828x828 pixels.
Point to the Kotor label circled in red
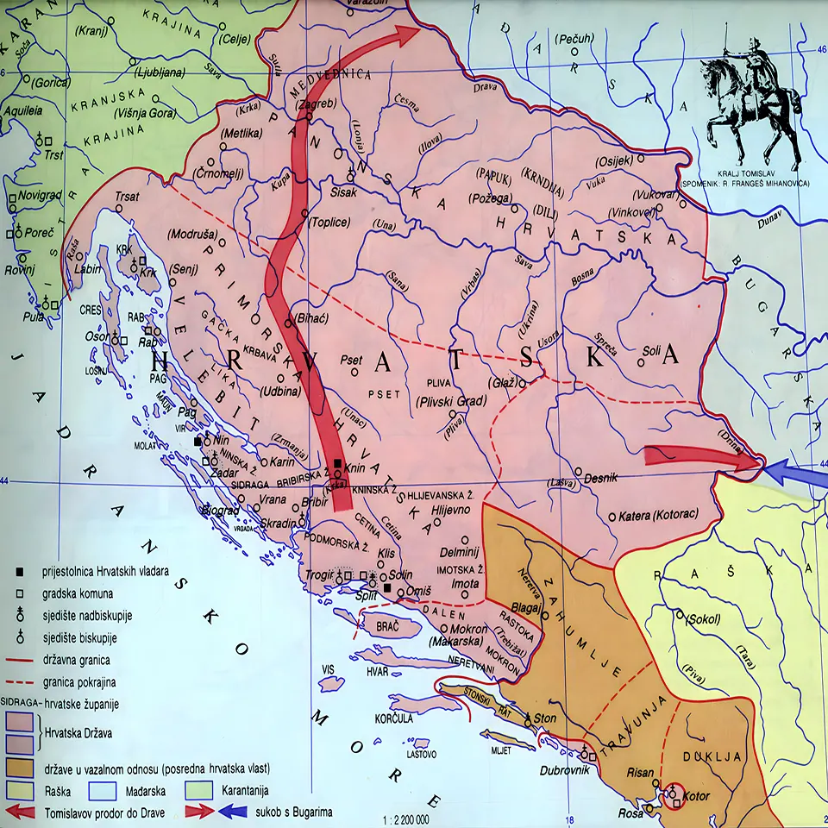pos(695,795)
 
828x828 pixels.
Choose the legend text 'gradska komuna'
pos(78,594)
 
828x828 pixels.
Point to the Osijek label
pos(614,160)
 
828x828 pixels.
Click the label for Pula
pos(34,317)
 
